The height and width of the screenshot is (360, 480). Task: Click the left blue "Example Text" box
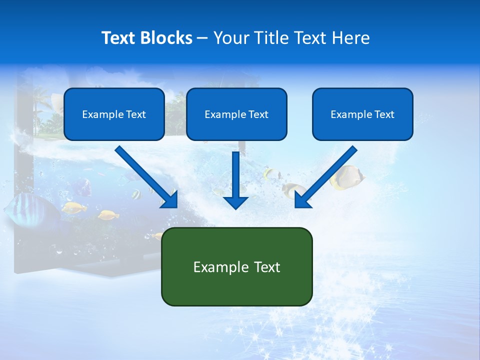coord(114,114)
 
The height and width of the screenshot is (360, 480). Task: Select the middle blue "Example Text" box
coord(236,114)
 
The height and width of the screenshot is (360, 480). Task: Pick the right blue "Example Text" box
coord(362,114)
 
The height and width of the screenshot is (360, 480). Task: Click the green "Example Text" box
coord(236,266)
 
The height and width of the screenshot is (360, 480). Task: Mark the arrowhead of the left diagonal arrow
coord(171,200)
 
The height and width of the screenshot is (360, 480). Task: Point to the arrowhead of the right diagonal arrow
coord(301,200)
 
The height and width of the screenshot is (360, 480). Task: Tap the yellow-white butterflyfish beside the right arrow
coord(348,177)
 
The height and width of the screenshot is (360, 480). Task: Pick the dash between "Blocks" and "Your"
coord(202,38)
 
